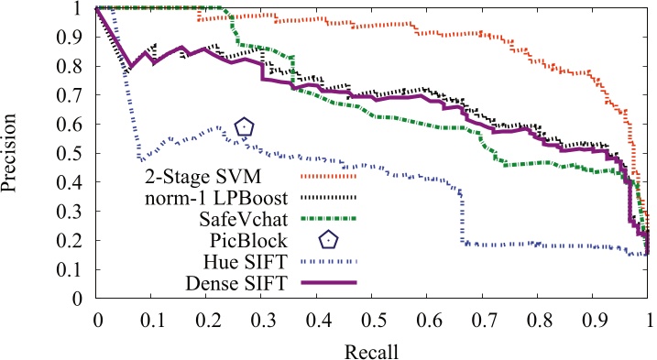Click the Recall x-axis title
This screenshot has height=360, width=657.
click(x=372, y=350)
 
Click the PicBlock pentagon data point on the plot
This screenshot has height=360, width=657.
click(x=244, y=126)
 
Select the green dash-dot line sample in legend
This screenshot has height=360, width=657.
click(x=327, y=218)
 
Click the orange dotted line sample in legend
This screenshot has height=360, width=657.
click(x=327, y=175)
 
